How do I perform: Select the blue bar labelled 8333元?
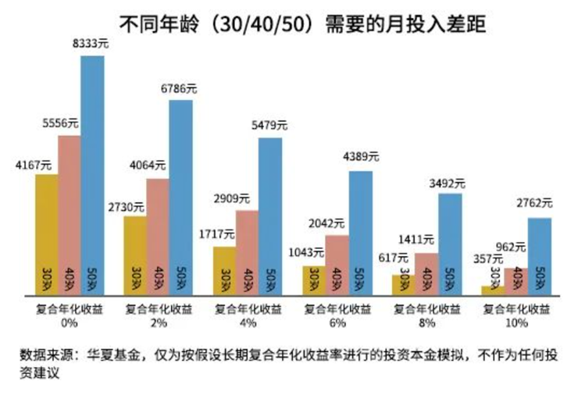[x=92, y=172]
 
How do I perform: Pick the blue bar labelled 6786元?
[x=181, y=195]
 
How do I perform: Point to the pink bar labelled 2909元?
[x=248, y=250]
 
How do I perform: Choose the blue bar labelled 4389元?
[x=360, y=230]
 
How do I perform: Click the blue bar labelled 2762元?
[x=539, y=254]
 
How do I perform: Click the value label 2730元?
[x=128, y=207]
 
